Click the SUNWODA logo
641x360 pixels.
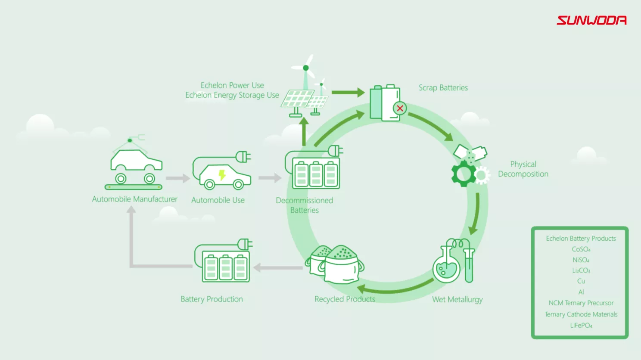pos(591,20)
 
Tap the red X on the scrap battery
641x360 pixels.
pos(400,108)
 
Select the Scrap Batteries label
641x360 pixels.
pos(443,88)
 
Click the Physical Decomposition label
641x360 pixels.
pos(523,169)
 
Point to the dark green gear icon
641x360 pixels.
pos(463,174)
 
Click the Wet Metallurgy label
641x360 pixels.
pos(457,299)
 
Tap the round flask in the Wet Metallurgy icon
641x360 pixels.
pos(446,269)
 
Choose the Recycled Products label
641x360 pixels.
pos(345,299)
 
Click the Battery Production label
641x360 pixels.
pos(212,299)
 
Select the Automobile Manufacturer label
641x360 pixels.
pos(134,199)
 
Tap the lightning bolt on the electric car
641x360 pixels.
pos(222,174)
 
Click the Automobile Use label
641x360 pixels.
pos(218,200)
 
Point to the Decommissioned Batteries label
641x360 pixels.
pos(304,205)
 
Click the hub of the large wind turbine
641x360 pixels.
pos(306,68)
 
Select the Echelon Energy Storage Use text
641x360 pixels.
pos(232,95)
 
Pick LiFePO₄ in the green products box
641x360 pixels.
pos(581,326)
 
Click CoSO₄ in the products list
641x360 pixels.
pos(581,249)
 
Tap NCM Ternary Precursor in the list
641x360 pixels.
pos(581,303)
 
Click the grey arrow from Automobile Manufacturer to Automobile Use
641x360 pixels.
pos(177,178)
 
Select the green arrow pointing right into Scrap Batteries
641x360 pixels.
pos(348,92)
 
